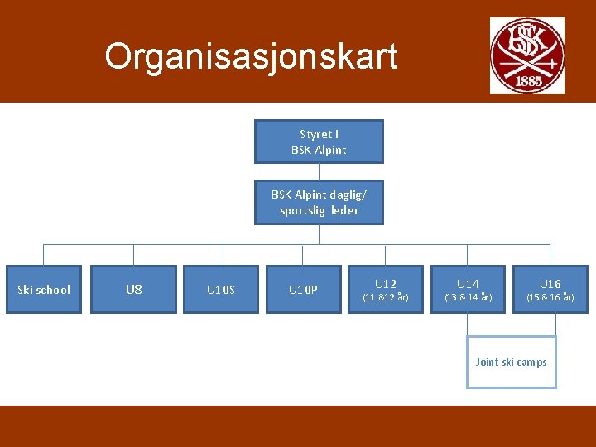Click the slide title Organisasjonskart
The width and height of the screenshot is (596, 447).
(x=251, y=56)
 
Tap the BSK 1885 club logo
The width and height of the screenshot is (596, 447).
(x=526, y=55)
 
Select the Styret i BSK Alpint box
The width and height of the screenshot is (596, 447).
(x=319, y=142)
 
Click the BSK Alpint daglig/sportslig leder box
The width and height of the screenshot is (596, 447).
(x=319, y=203)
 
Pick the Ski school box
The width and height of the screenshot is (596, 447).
(x=44, y=290)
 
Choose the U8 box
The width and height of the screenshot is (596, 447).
(x=133, y=290)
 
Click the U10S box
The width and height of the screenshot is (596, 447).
(x=221, y=290)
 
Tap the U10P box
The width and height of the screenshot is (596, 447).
(x=302, y=290)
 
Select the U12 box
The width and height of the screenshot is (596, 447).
(x=385, y=290)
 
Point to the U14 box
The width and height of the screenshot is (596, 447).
(x=468, y=290)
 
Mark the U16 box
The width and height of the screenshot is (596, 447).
(x=550, y=290)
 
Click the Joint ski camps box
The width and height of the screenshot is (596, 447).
(x=512, y=362)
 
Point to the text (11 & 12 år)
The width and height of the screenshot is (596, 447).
(x=386, y=296)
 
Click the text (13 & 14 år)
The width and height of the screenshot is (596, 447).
(x=469, y=296)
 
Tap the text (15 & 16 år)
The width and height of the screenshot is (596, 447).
(x=550, y=296)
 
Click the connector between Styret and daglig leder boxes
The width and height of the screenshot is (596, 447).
(x=319, y=171)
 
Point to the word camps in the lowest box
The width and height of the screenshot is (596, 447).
(x=531, y=362)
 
